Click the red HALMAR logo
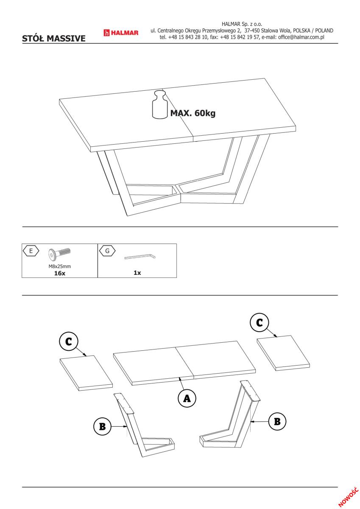(121, 33)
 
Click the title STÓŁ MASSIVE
(53, 39)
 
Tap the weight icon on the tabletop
(160, 104)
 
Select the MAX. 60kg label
(193, 113)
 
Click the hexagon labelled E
(31, 251)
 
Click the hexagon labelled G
(107, 251)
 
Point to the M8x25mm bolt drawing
(59, 254)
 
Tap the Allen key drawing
(140, 257)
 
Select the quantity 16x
(59, 273)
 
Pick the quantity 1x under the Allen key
(137, 273)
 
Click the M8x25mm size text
(59, 266)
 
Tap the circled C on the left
(69, 341)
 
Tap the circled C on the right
(260, 322)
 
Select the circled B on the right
(277, 422)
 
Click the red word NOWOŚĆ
(348, 497)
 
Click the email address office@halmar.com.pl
(301, 37)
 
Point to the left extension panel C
(87, 373)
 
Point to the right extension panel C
(283, 353)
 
